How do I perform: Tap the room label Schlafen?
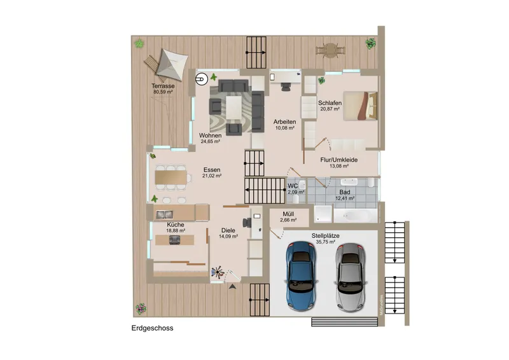tap(330, 102)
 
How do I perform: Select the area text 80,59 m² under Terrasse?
tap(164, 92)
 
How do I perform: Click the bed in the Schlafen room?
tap(364, 105)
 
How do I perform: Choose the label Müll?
tap(288, 214)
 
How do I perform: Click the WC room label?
tap(293, 186)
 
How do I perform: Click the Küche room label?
tap(176, 225)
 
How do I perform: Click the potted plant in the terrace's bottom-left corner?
tap(140, 310)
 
